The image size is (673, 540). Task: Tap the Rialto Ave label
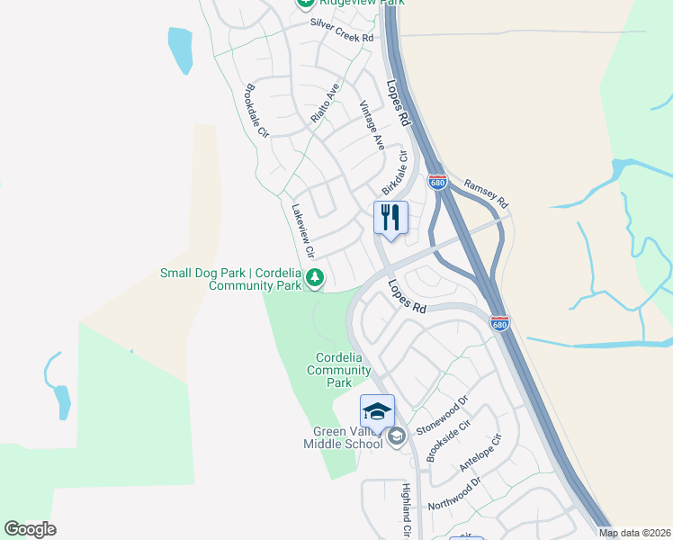(325, 103)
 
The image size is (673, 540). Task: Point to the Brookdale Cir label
(257, 112)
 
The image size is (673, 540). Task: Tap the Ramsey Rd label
(486, 192)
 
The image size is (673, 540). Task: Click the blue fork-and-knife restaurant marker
(390, 219)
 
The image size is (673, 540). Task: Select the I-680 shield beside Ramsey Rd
(437, 182)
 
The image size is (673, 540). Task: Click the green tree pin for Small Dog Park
(314, 278)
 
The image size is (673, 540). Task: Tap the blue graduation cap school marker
(377, 411)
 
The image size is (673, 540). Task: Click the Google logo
(31, 529)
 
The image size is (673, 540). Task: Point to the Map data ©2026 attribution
(635, 533)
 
